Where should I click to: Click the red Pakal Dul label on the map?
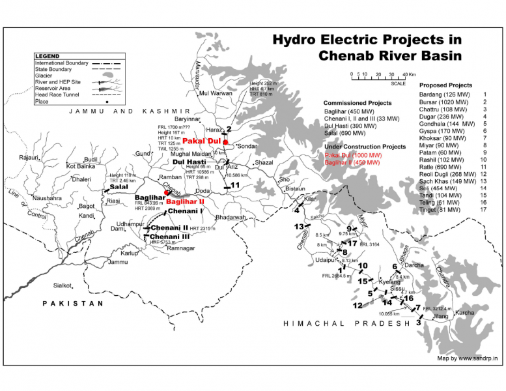tap(202, 141)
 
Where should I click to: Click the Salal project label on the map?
tap(119, 186)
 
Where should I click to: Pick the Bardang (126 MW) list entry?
tap(444, 94)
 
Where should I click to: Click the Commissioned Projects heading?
tap(358, 103)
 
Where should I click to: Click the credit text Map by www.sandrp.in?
tap(467, 358)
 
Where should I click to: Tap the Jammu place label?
tap(118, 262)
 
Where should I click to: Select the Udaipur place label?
tap(324, 259)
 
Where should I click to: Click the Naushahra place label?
tap(47, 197)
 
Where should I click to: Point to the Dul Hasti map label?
tap(190, 161)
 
